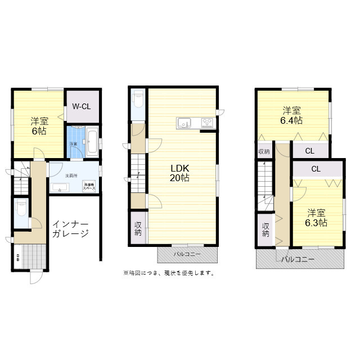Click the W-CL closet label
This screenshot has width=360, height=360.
[x=82, y=106]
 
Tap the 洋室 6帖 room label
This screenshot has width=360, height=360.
[x=38, y=125]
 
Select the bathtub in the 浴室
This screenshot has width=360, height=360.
[x=93, y=138]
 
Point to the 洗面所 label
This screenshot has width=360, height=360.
[x=71, y=176]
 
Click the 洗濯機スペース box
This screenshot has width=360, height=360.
[x=89, y=186]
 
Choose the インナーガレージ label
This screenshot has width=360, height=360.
[x=70, y=229]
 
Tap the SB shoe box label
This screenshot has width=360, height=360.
[x=18, y=258]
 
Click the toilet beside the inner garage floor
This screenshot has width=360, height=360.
[x=21, y=209]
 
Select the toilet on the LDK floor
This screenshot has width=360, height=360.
[x=138, y=102]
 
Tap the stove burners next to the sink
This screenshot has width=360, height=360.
[x=205, y=123]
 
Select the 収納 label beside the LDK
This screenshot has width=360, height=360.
[x=138, y=228]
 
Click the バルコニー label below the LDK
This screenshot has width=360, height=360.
[x=187, y=255]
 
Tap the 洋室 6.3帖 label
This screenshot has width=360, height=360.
[x=317, y=218]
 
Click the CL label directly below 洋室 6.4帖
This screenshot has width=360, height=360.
[x=310, y=151]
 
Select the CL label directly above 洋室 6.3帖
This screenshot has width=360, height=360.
[x=316, y=169]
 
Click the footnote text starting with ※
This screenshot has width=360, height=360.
[x=168, y=273]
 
